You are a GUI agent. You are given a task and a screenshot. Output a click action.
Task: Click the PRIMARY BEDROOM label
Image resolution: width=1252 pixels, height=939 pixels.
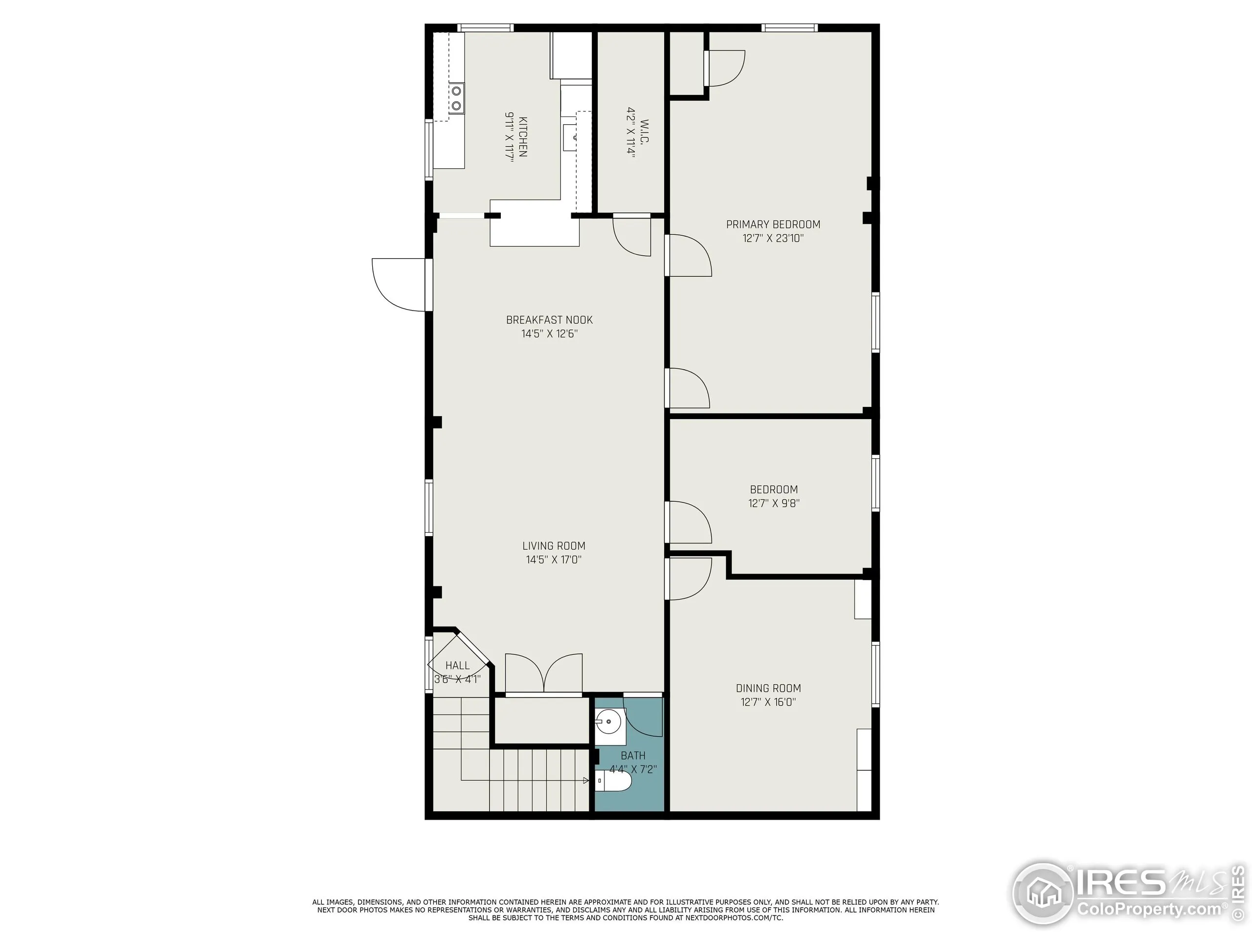point(773,224)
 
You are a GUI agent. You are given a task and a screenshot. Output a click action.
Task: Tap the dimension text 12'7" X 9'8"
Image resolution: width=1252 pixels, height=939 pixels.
point(774,503)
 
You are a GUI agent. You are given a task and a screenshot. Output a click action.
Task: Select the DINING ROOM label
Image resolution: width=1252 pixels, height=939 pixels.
point(768,688)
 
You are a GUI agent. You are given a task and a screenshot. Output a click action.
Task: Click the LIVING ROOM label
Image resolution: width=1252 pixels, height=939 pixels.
point(554,546)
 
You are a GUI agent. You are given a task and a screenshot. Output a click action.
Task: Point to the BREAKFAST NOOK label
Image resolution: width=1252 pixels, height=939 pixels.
point(549,320)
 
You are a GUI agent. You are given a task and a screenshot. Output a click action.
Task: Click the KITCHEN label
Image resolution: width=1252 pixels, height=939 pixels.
point(522,137)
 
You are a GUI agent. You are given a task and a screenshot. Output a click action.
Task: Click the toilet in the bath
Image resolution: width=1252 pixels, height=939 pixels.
point(614,782)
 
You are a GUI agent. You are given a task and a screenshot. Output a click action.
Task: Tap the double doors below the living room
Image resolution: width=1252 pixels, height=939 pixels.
point(543,673)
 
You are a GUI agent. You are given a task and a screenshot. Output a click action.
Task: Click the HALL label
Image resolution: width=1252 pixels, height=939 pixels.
point(457,666)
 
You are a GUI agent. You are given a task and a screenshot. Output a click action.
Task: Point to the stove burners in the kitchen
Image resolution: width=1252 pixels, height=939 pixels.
point(456,98)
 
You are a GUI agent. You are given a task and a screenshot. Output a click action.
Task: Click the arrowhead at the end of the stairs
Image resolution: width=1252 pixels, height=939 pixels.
point(586,781)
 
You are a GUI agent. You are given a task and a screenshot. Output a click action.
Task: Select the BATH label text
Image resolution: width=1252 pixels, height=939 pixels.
point(633,756)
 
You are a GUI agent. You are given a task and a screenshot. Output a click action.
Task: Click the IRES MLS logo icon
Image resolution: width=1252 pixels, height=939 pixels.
point(1043,894)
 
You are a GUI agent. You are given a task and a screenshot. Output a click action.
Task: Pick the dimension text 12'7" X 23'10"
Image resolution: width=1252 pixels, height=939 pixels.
point(773,238)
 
